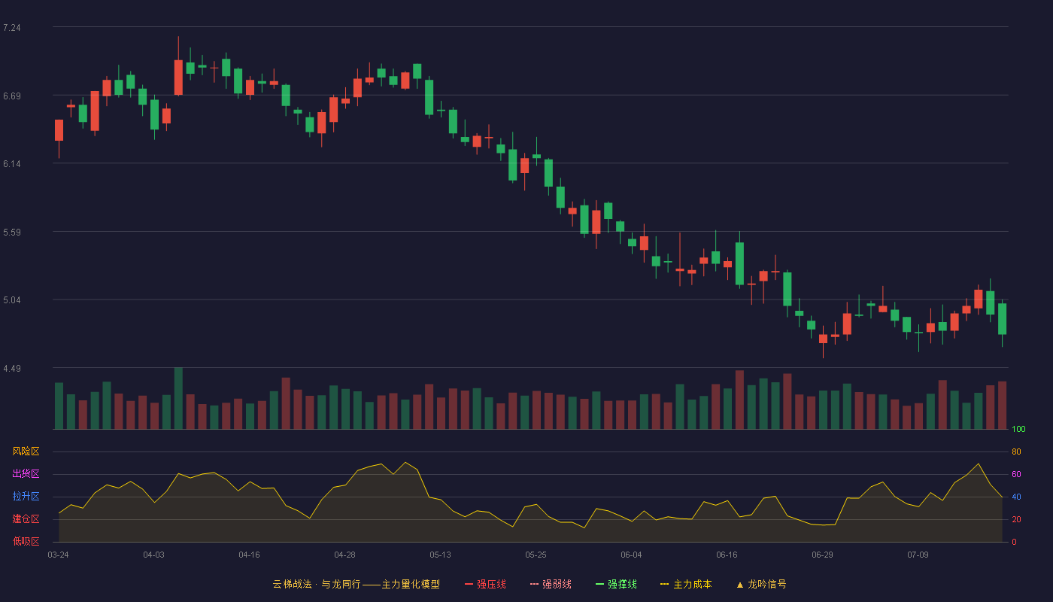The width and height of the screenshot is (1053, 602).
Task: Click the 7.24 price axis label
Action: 12,28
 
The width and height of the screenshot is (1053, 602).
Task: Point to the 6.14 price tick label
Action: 12,164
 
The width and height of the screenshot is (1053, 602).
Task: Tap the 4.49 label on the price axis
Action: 12,369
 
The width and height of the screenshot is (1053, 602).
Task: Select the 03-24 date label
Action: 59,555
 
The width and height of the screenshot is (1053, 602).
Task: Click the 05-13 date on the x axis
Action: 440,555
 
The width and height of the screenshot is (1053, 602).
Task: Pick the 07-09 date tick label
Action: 918,555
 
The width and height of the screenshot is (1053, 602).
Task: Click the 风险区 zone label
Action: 26,451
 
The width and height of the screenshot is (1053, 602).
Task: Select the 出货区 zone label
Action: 26,473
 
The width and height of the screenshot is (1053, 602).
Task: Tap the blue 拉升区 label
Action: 26,496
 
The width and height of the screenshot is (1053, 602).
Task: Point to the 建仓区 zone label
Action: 26,518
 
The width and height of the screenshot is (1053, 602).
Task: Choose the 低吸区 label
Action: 26,541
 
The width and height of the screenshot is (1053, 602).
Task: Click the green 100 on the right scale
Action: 1018,429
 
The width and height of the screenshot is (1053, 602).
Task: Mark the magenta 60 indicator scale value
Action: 1016,474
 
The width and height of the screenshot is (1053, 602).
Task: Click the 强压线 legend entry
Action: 485,584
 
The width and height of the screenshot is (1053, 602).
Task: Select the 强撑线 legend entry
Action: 616,584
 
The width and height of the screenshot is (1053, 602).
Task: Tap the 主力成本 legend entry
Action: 686,584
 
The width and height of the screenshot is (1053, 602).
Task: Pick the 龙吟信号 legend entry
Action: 761,584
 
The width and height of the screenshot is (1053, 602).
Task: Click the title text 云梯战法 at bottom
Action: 292,584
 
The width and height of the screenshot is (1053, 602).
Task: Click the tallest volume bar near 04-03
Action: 178,398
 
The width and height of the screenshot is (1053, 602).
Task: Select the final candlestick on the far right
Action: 1002,319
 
